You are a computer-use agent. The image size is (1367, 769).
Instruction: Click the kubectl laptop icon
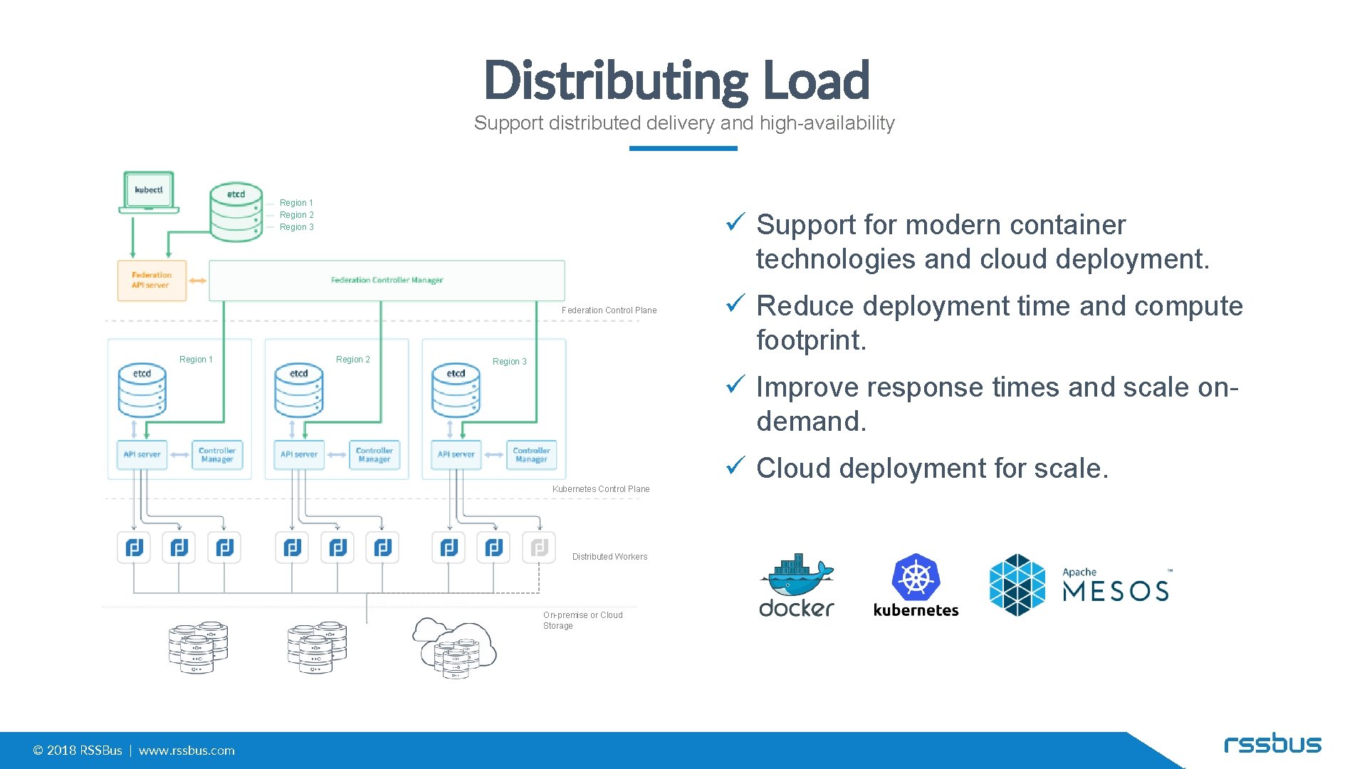(x=149, y=192)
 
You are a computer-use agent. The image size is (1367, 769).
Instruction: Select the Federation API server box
(x=152, y=280)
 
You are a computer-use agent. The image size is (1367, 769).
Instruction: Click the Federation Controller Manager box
(x=387, y=280)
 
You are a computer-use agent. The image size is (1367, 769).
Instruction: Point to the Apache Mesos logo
(x=1079, y=585)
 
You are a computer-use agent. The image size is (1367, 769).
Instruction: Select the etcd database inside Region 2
(x=299, y=392)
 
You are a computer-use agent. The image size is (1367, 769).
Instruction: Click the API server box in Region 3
(x=456, y=454)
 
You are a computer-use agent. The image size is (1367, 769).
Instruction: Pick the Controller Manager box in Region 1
(x=217, y=454)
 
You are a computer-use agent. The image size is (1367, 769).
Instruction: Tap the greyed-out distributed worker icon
(x=539, y=548)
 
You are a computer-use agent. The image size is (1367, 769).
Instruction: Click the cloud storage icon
(x=454, y=647)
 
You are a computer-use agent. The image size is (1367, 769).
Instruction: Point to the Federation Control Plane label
(x=609, y=310)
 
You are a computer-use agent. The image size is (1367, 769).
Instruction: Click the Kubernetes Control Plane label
(x=601, y=489)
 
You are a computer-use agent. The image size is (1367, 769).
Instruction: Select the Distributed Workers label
(x=609, y=557)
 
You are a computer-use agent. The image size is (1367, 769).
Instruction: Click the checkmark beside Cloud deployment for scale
(x=735, y=466)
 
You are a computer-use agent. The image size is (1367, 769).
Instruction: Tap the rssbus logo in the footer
(x=1272, y=744)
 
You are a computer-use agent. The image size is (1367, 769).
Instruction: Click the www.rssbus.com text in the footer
(x=187, y=750)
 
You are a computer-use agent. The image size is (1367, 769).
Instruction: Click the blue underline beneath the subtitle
(x=683, y=148)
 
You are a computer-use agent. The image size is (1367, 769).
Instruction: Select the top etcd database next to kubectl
(x=236, y=212)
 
